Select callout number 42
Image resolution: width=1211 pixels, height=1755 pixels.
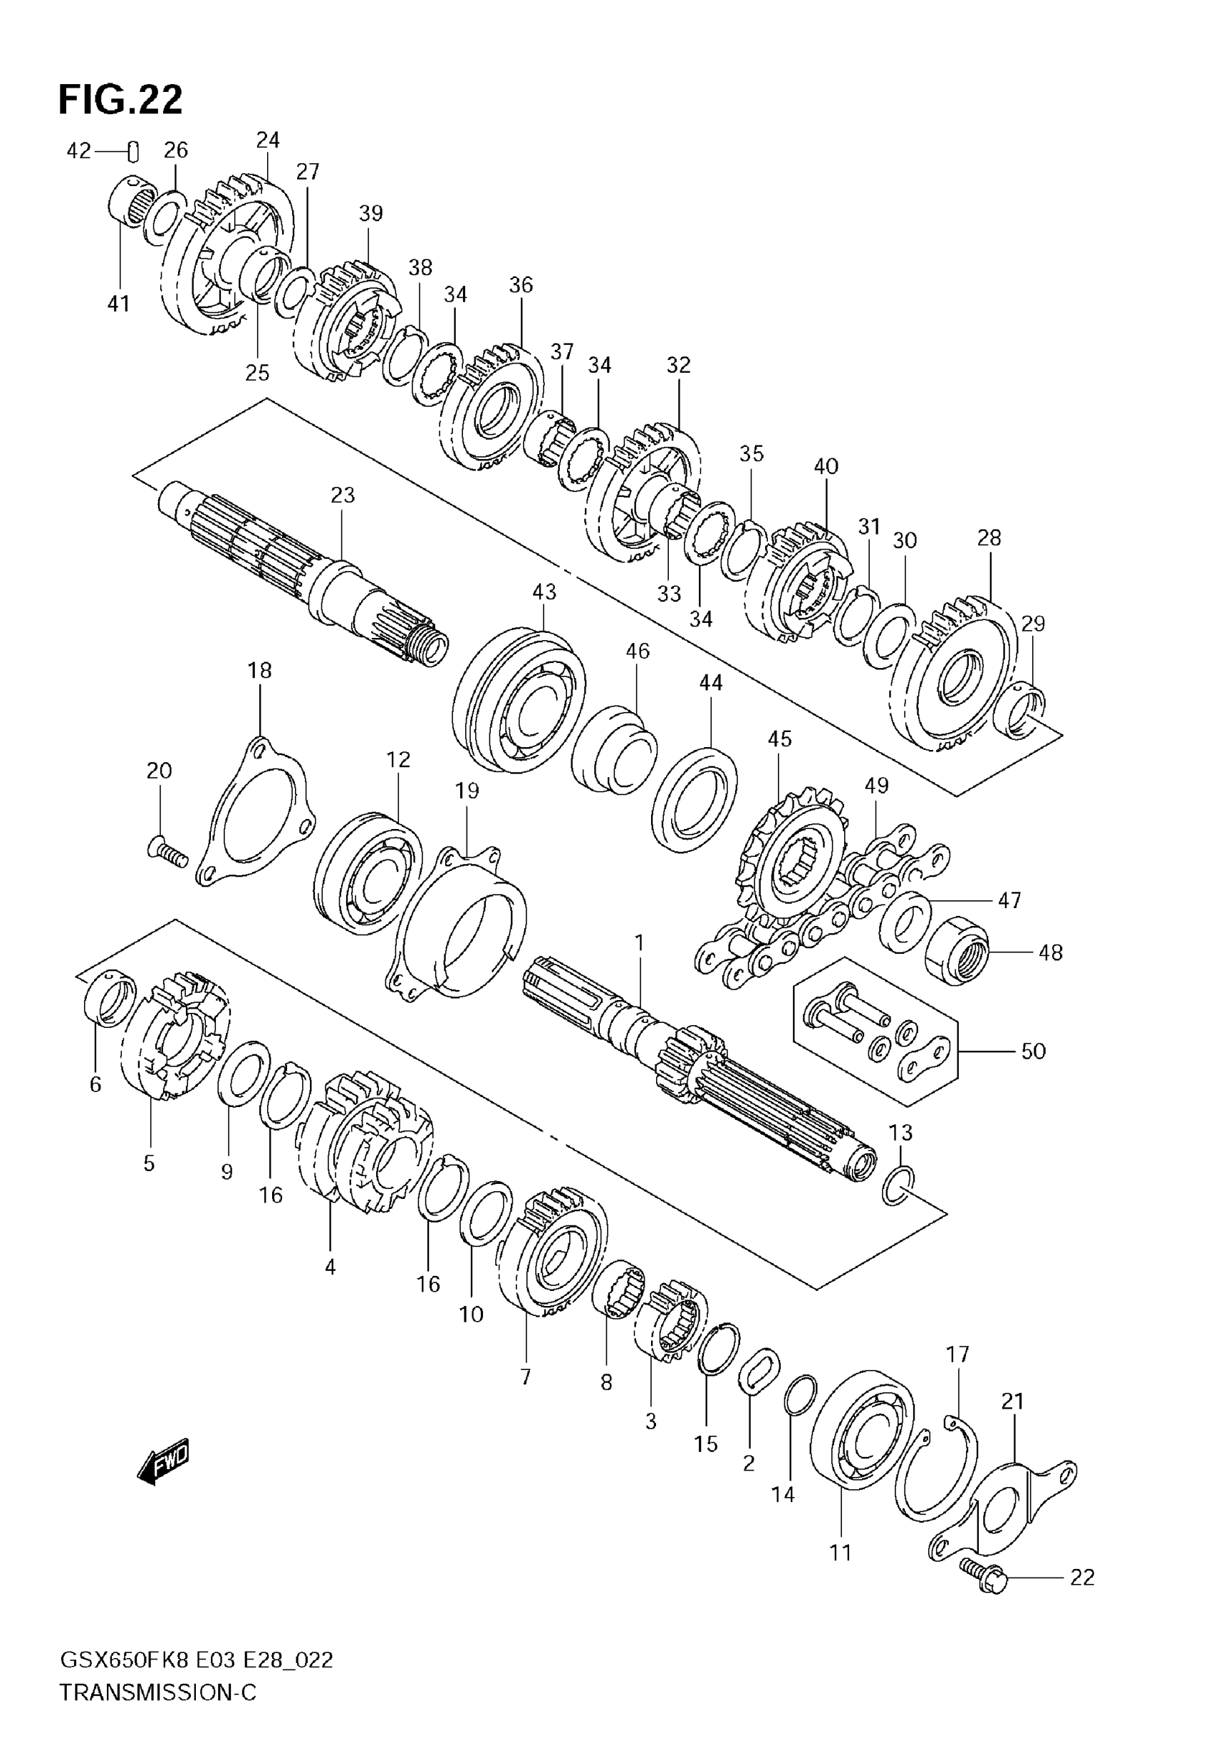click(x=78, y=150)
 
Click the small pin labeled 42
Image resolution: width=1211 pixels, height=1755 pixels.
click(x=133, y=152)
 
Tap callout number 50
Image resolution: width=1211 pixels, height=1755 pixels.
click(x=1034, y=1051)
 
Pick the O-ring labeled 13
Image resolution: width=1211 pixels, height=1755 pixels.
click(x=898, y=1185)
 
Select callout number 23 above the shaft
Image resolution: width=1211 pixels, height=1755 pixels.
click(x=343, y=495)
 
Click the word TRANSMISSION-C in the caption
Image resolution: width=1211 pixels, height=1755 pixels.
click(x=158, y=1692)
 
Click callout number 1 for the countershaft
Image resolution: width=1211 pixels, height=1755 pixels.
click(x=639, y=943)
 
